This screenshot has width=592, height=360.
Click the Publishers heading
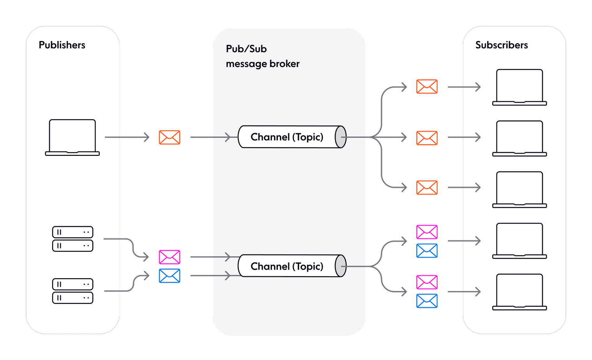(62, 45)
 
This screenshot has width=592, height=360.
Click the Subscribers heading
(501, 45)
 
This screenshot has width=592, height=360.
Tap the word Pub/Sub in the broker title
(246, 49)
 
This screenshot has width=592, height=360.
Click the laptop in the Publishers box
(72, 137)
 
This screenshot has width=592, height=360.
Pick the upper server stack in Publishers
(72, 239)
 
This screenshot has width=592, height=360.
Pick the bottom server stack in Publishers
(72, 291)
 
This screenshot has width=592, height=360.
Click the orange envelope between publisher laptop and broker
(169, 138)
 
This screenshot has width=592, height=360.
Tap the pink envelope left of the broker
(169, 257)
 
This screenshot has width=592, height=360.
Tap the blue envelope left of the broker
(169, 276)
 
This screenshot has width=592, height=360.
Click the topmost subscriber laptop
(519, 87)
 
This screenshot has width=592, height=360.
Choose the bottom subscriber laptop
(519, 292)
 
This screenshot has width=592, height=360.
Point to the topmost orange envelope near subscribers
(427, 87)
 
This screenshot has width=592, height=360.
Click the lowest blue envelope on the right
(427, 301)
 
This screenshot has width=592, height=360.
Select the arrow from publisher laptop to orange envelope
(127, 137)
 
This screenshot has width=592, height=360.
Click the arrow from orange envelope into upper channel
(210, 137)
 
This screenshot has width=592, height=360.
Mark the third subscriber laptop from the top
(519, 189)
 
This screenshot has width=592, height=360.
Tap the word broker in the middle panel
(285, 64)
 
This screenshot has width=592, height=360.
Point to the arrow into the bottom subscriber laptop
(464, 292)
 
